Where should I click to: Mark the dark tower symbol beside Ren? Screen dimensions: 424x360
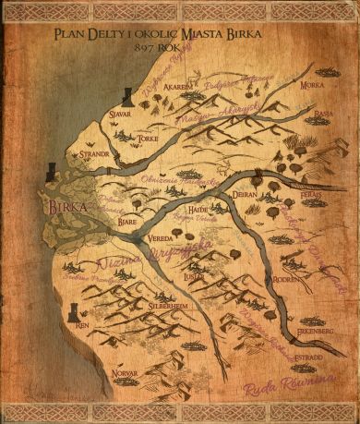pyautogui.click(x=72, y=313)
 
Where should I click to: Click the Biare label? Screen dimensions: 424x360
pyautogui.click(x=129, y=222)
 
